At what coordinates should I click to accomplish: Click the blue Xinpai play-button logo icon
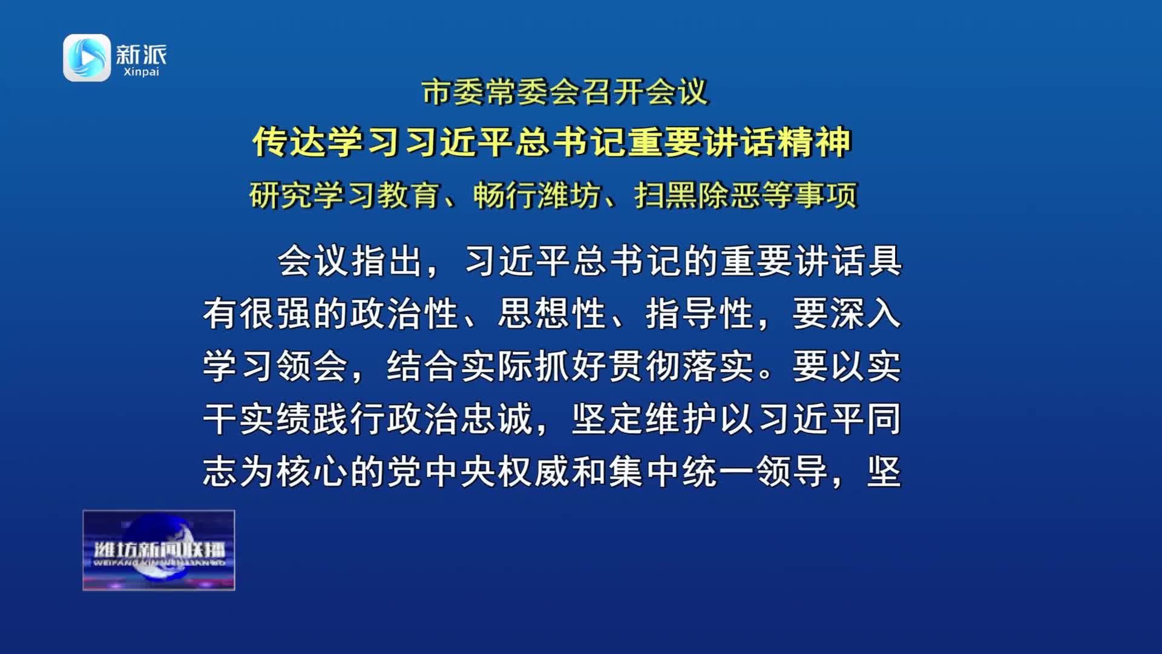[87, 58]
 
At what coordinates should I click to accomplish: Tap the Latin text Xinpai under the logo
[141, 72]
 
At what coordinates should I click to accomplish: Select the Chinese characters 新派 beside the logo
[141, 54]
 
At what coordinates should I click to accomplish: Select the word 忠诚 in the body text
[497, 419]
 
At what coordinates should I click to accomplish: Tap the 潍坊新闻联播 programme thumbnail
[159, 550]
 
